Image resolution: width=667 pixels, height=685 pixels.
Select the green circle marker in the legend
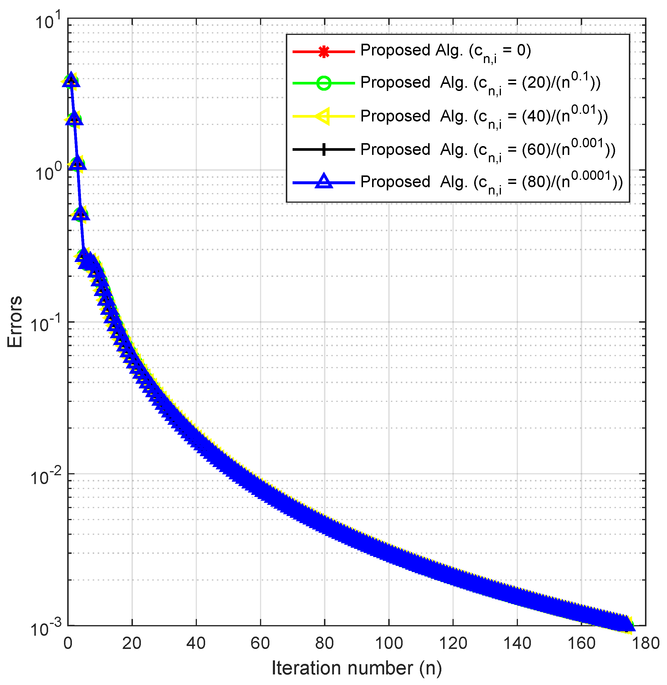click(x=324, y=83)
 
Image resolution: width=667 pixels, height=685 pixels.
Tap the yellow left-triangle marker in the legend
click(x=323, y=116)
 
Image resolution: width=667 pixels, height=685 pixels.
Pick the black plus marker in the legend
click(x=324, y=150)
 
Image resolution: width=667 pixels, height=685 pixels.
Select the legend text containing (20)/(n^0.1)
click(x=480, y=83)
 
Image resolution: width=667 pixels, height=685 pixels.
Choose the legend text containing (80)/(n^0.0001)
click(x=492, y=182)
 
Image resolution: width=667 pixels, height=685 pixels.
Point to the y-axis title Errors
click(x=15, y=322)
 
